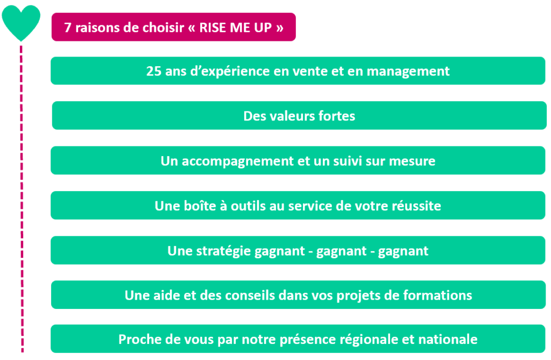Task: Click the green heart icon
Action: [x=21, y=22]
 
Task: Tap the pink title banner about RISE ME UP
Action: [x=174, y=27]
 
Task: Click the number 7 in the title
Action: [x=67, y=27]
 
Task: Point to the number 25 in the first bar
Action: [x=153, y=71]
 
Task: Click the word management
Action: [x=408, y=72]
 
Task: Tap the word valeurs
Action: [x=292, y=116]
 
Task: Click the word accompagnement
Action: [x=237, y=161]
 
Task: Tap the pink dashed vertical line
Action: [x=22, y=199]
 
